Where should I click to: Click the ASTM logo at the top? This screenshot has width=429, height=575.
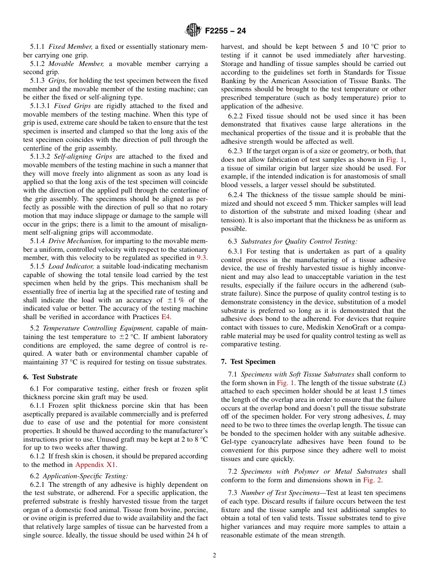point(193,31)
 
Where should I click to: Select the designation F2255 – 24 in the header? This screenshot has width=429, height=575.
point(225,31)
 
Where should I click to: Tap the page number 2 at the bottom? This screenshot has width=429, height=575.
point(214,556)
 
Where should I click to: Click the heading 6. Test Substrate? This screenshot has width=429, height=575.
point(50,377)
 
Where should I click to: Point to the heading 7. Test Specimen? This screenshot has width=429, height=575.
point(248,362)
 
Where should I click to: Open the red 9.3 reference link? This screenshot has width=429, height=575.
point(202,258)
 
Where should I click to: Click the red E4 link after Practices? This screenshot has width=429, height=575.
point(166,317)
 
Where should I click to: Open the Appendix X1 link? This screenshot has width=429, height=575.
point(96,465)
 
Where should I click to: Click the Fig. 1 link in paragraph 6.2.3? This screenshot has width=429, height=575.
point(395,160)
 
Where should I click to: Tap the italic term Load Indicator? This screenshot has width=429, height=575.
point(71,266)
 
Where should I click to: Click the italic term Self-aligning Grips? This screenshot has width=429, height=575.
point(84,156)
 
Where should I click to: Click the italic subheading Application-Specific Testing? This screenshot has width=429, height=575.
point(85,476)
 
